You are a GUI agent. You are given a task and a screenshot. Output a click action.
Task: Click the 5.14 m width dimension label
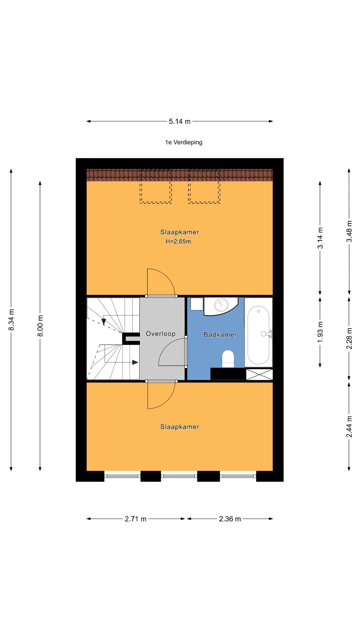point(180,122)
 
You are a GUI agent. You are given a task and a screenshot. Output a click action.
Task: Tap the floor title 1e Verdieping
point(184,142)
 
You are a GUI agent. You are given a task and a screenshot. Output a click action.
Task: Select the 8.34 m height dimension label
point(11,319)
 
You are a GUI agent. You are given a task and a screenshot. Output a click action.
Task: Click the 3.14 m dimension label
point(320,238)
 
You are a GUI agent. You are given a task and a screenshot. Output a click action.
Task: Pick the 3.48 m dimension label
point(349,231)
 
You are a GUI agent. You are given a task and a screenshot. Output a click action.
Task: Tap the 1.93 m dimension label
point(320,332)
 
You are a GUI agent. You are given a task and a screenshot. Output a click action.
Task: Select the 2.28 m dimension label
point(349,338)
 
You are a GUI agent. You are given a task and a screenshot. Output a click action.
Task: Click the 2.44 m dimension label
point(349,427)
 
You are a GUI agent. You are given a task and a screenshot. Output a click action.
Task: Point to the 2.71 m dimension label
point(136,519)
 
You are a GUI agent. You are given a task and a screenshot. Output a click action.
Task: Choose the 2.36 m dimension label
point(230,519)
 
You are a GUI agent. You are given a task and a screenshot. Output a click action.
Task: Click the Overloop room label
point(161,334)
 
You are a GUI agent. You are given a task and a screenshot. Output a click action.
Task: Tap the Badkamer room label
point(220,335)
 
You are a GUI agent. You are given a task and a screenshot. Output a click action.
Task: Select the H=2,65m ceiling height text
point(178,241)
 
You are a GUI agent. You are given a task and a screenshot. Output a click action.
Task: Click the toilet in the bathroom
point(228,359)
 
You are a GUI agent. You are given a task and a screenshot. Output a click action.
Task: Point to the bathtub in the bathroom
point(258,332)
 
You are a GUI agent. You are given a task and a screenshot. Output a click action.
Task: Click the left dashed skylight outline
point(156,186)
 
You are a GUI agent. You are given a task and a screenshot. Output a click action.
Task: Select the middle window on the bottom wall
point(179,476)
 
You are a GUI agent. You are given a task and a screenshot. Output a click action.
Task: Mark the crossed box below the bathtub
point(259,374)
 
